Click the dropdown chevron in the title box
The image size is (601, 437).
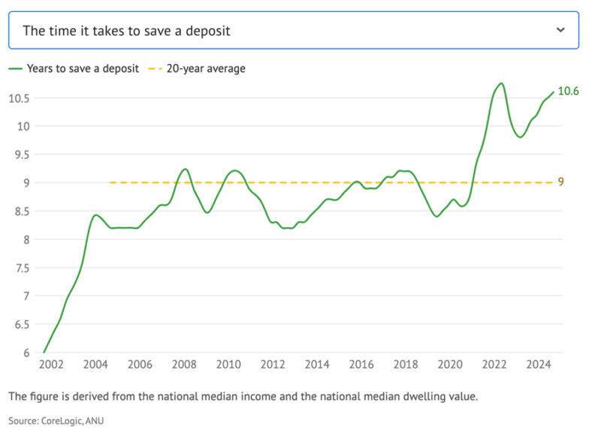(x=560, y=30)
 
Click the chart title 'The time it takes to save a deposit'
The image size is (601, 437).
(x=126, y=31)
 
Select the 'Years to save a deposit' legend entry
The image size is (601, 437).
(x=83, y=68)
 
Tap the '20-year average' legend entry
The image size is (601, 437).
(x=205, y=68)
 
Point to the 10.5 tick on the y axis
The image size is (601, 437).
(x=18, y=98)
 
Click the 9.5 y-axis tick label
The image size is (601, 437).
(x=21, y=155)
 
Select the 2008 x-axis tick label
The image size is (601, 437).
(x=184, y=365)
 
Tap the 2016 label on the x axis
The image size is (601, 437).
(x=361, y=365)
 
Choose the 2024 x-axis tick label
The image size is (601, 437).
(x=539, y=365)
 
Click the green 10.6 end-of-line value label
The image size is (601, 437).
(x=568, y=91)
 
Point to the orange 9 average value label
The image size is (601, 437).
(x=560, y=182)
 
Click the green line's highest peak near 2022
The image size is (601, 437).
(x=501, y=83)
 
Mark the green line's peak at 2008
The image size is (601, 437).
(x=185, y=169)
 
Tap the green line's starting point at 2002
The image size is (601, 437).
(x=44, y=352)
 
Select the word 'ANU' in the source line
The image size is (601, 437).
(x=93, y=420)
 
